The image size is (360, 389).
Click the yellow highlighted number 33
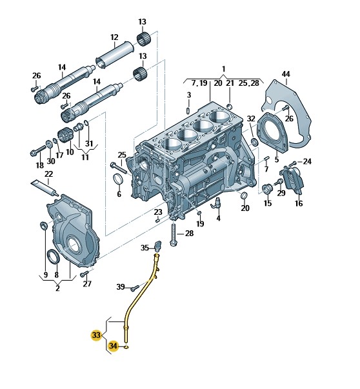pyautogui.click(x=96, y=335)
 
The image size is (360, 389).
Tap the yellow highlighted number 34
pyautogui.click(x=113, y=346)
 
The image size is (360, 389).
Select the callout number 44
pyautogui.click(x=286, y=74)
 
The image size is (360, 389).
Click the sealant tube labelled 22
pyautogui.click(x=45, y=188)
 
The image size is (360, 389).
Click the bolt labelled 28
pyautogui.click(x=173, y=234)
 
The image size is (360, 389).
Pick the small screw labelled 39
pyautogui.click(x=135, y=288)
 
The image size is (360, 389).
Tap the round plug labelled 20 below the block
pyautogui.click(x=245, y=195)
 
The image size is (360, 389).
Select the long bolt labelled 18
pyautogui.click(x=37, y=151)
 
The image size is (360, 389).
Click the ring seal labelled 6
pyautogui.click(x=118, y=179)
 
